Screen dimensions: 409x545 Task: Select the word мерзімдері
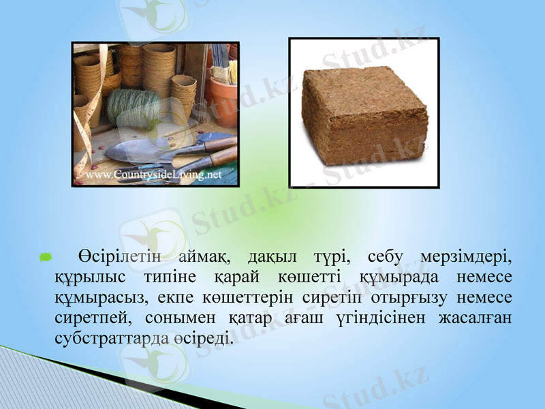[x=468, y=258]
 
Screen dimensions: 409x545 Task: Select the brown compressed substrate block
[x=364, y=115]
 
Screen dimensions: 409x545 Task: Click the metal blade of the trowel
[x=136, y=151]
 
